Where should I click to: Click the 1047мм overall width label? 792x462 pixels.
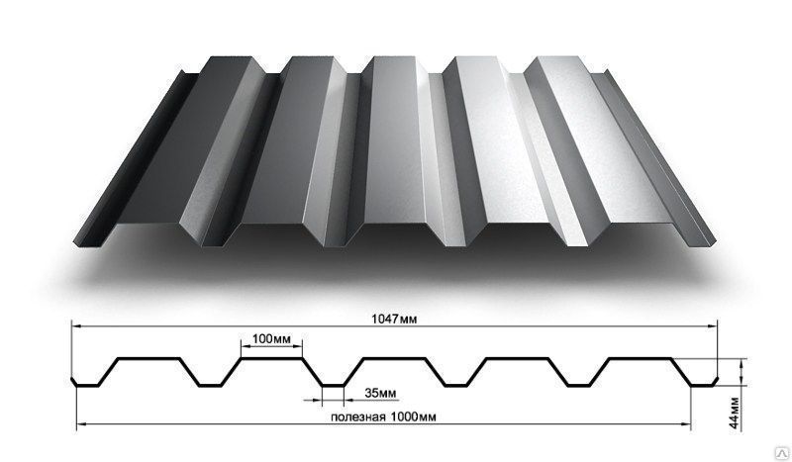(394, 320)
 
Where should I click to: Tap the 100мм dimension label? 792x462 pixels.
(271, 338)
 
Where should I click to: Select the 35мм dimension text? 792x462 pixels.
(380, 393)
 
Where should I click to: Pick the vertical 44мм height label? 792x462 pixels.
(735, 413)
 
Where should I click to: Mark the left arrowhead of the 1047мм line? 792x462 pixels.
(76, 326)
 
